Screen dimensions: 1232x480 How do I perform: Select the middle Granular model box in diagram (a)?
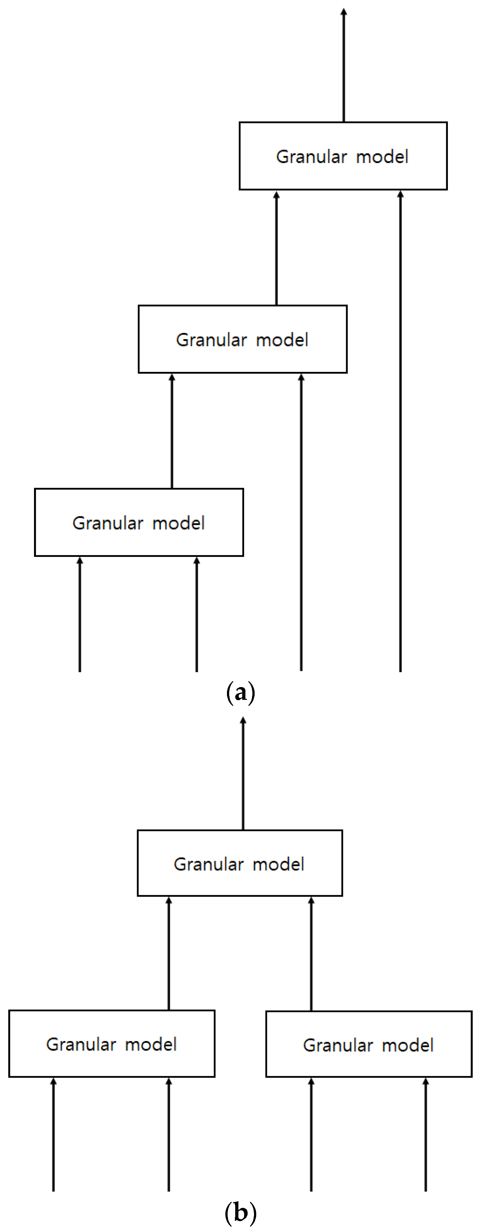243,339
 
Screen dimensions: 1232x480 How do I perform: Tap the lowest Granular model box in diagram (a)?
139,522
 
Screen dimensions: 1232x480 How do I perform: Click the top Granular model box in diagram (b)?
239,864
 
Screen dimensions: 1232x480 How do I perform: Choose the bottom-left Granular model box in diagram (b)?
111,1044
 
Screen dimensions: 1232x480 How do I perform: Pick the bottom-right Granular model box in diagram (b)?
369,1045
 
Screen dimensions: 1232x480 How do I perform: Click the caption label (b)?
240,1213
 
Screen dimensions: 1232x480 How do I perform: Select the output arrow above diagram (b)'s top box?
243,775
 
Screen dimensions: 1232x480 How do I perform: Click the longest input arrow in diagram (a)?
400,430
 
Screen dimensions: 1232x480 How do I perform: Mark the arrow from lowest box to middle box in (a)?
172,430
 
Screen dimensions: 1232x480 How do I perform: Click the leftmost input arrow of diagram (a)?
80,615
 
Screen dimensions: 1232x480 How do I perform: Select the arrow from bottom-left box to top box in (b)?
169,954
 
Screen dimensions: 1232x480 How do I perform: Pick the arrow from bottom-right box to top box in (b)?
311,954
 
